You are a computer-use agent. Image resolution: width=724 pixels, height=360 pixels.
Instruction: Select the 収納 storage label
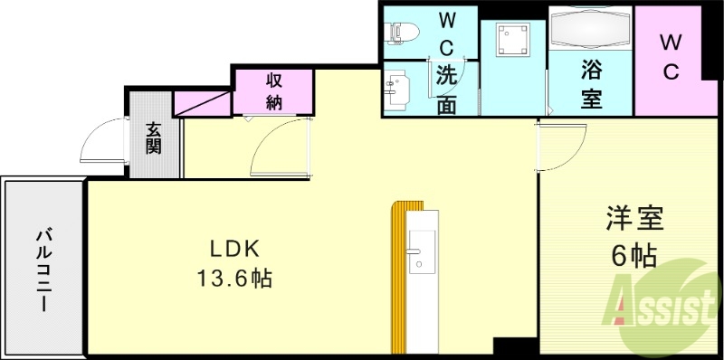pos(273,90)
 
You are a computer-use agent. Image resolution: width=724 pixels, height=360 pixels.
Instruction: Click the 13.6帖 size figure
pos(234,279)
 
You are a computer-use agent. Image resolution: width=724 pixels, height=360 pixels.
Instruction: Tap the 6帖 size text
pos(633,257)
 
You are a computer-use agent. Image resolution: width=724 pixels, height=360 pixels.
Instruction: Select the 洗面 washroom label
pos(446,89)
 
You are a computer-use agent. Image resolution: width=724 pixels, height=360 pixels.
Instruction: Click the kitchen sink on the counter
pos(422,253)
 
